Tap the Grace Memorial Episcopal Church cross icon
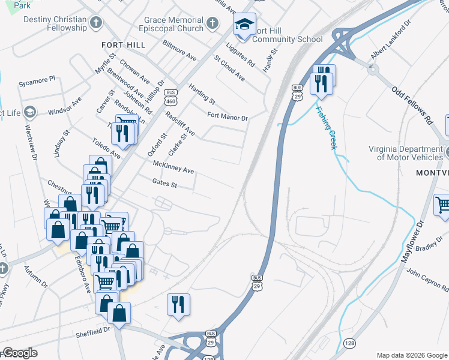tap(211, 24)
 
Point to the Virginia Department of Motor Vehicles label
tap(406, 153)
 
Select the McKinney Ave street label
tap(173, 167)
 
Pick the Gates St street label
tap(164, 183)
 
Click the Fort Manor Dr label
tap(228, 116)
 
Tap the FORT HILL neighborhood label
tap(123, 45)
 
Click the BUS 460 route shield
tap(172, 96)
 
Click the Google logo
tap(19, 352)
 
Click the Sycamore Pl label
tap(37, 79)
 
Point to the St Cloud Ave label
tap(230, 68)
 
